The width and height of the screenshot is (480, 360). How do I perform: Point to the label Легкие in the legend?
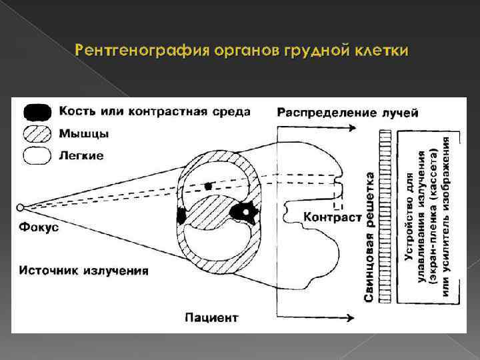[81, 156]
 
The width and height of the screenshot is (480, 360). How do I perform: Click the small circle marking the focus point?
[20, 207]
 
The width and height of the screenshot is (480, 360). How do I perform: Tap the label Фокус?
[39, 227]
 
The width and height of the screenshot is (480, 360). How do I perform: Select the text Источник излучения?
[83, 271]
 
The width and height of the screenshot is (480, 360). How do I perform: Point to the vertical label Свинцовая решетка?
[369, 237]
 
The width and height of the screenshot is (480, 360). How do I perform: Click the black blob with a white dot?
[243, 212]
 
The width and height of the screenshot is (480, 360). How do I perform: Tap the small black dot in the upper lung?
[209, 186]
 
